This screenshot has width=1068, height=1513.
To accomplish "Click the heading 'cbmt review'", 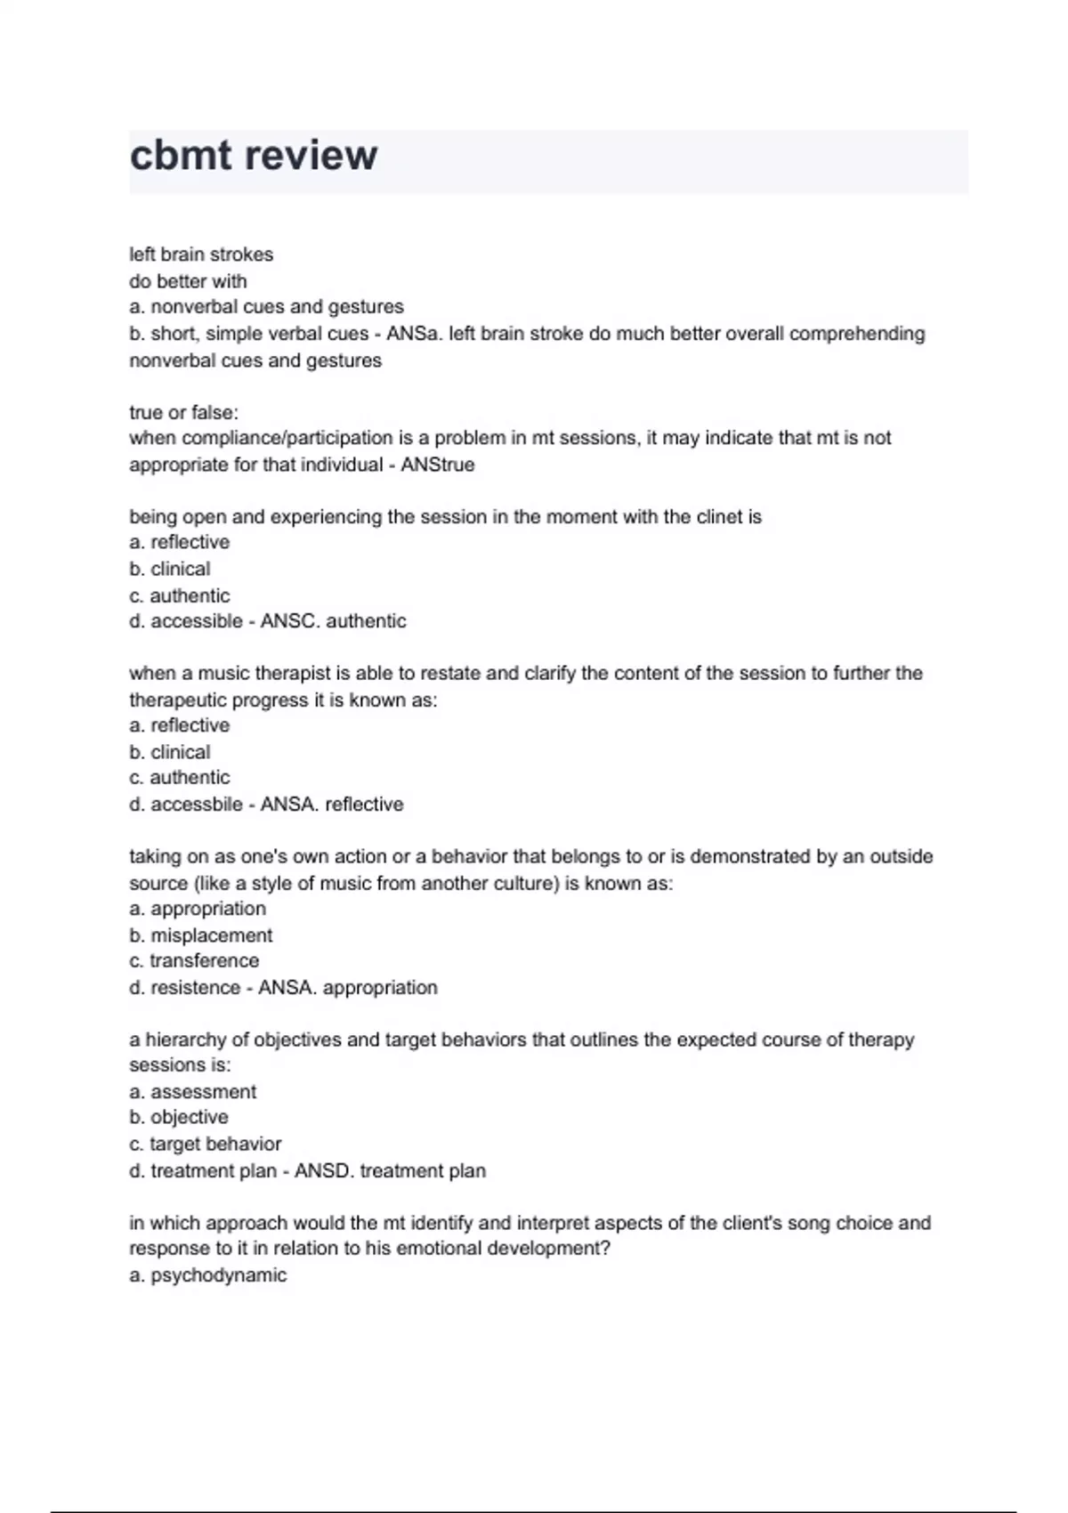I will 254,156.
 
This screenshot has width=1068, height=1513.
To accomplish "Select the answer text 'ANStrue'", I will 438,465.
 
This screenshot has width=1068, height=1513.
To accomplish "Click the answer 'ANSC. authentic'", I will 333,621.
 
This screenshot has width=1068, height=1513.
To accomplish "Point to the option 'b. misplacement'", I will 201,935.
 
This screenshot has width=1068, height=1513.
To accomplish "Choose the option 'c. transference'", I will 194,961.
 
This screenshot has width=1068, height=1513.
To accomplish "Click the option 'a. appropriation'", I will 198,909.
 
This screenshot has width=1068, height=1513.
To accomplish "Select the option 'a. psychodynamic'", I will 208,1275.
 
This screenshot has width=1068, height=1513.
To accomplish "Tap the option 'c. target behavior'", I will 206,1144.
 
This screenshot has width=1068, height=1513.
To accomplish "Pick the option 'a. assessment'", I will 193,1092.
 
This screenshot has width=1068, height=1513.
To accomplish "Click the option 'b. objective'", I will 179,1117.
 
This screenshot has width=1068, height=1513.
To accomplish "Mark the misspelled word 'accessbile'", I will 197,805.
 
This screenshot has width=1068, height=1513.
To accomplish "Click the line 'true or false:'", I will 184,413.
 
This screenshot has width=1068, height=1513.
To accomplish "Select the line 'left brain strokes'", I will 201,255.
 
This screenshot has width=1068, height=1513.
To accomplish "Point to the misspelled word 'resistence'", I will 196,988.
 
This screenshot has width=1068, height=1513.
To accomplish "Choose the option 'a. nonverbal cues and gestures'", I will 267,307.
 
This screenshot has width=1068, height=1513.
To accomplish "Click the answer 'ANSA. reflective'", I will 332,805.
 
